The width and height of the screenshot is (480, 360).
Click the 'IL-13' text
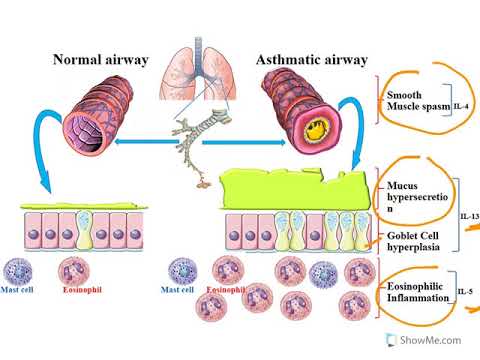(x=468, y=215)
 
